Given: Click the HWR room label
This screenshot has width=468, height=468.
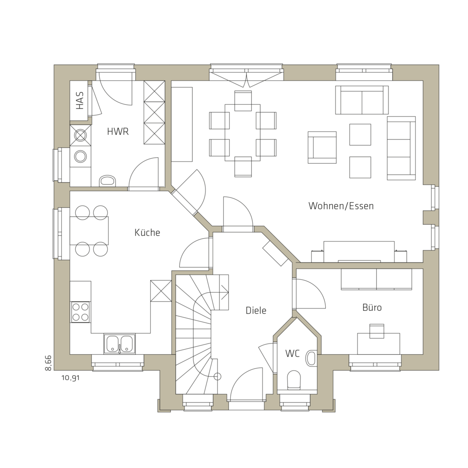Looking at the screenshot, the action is pyautogui.click(x=117, y=132).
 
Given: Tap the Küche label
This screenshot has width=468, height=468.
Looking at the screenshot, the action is pyautogui.click(x=147, y=232).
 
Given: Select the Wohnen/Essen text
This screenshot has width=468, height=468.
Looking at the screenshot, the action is pyautogui.click(x=341, y=205).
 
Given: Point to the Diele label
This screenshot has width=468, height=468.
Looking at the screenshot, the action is pyautogui.click(x=256, y=310).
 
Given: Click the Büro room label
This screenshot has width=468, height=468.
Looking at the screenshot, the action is pyautogui.click(x=372, y=307).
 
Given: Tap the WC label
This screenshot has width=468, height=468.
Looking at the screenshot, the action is pyautogui.click(x=292, y=353).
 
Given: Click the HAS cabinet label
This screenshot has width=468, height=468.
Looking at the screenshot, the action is pyautogui.click(x=80, y=101).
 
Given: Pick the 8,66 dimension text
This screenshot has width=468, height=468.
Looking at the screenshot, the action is pyautogui.click(x=48, y=363).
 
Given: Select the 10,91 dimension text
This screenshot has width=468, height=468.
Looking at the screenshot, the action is pyautogui.click(x=71, y=378).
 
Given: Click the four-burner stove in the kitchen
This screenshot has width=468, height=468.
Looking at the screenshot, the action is pyautogui.click(x=80, y=312).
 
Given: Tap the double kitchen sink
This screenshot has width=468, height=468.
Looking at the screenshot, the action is pyautogui.click(x=119, y=344).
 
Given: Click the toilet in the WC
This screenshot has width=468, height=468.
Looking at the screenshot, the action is pyautogui.click(x=294, y=380).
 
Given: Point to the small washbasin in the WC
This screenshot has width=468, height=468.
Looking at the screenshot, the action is pyautogui.click(x=311, y=358).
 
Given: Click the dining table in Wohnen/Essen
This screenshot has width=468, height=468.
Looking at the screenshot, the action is pyautogui.click(x=242, y=132).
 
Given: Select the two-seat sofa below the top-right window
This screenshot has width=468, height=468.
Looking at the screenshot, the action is pyautogui.click(x=362, y=100).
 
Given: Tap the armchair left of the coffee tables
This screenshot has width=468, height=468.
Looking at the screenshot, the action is pyautogui.click(x=322, y=147).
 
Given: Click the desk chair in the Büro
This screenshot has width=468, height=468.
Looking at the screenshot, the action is pyautogui.click(x=377, y=331).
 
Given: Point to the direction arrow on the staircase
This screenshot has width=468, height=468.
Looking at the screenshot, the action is pyautogui.click(x=224, y=292).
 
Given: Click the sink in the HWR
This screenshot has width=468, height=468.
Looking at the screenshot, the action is pyautogui.click(x=107, y=180).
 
